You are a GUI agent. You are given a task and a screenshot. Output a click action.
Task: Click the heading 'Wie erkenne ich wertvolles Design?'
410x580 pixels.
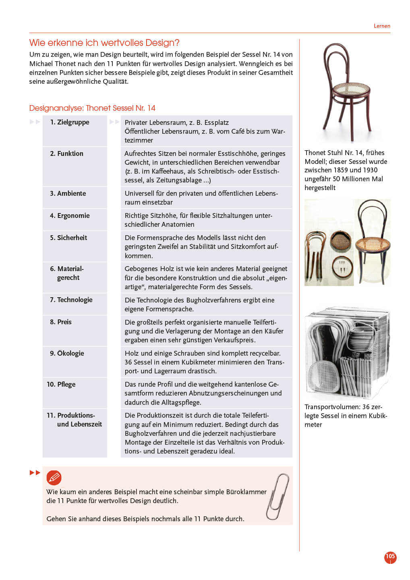pos(104,43)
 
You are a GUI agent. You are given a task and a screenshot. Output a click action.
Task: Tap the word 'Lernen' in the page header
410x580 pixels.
pos(382,26)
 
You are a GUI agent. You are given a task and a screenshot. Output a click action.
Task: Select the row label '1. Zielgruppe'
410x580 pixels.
pos(70,122)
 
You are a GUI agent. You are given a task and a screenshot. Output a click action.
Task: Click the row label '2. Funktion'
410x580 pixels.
pos(67,153)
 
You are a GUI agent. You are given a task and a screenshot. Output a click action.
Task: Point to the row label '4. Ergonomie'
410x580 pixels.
pos(70,215)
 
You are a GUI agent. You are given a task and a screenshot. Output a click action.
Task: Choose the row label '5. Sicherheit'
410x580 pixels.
pos(68,238)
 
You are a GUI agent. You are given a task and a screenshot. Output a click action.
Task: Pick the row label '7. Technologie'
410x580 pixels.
pos(71,300)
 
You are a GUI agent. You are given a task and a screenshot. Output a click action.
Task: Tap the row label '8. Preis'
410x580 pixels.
pos(61,322)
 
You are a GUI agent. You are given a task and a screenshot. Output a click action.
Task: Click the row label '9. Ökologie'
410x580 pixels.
pos(67,353)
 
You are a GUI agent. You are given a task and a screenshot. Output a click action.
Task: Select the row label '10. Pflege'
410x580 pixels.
pos(61,384)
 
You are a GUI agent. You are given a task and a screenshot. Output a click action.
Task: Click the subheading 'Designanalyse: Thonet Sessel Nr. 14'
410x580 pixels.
pos(92,108)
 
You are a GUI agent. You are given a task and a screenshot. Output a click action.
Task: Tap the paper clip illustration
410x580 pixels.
pos(278,496)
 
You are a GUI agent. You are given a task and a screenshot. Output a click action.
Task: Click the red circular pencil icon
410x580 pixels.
pos(54,478)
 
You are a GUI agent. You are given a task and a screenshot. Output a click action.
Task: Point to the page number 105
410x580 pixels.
pos(390,557)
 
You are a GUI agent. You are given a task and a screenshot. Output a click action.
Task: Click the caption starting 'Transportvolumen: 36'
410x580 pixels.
pos(346,416)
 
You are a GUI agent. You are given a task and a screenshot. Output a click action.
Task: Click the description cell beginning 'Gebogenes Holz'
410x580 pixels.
pos(206,278)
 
